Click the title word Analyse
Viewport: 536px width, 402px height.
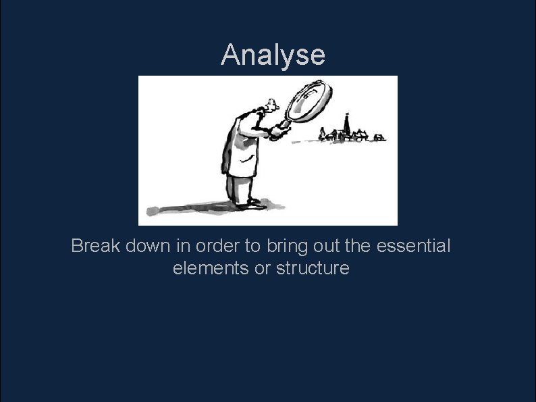point(273,55)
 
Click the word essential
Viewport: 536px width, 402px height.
point(412,246)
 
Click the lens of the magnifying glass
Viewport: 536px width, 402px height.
point(309,99)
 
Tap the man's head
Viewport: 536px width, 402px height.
point(269,109)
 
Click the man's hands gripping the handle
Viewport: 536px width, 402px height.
point(277,129)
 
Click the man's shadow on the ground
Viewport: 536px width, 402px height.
point(182,207)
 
